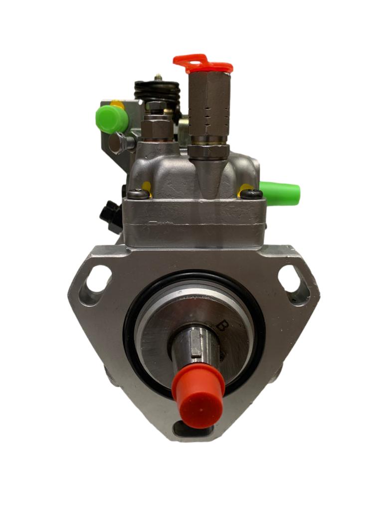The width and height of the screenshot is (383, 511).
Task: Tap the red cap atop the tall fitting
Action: coord(203,64)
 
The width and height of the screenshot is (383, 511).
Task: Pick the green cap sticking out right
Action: coord(281,193)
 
